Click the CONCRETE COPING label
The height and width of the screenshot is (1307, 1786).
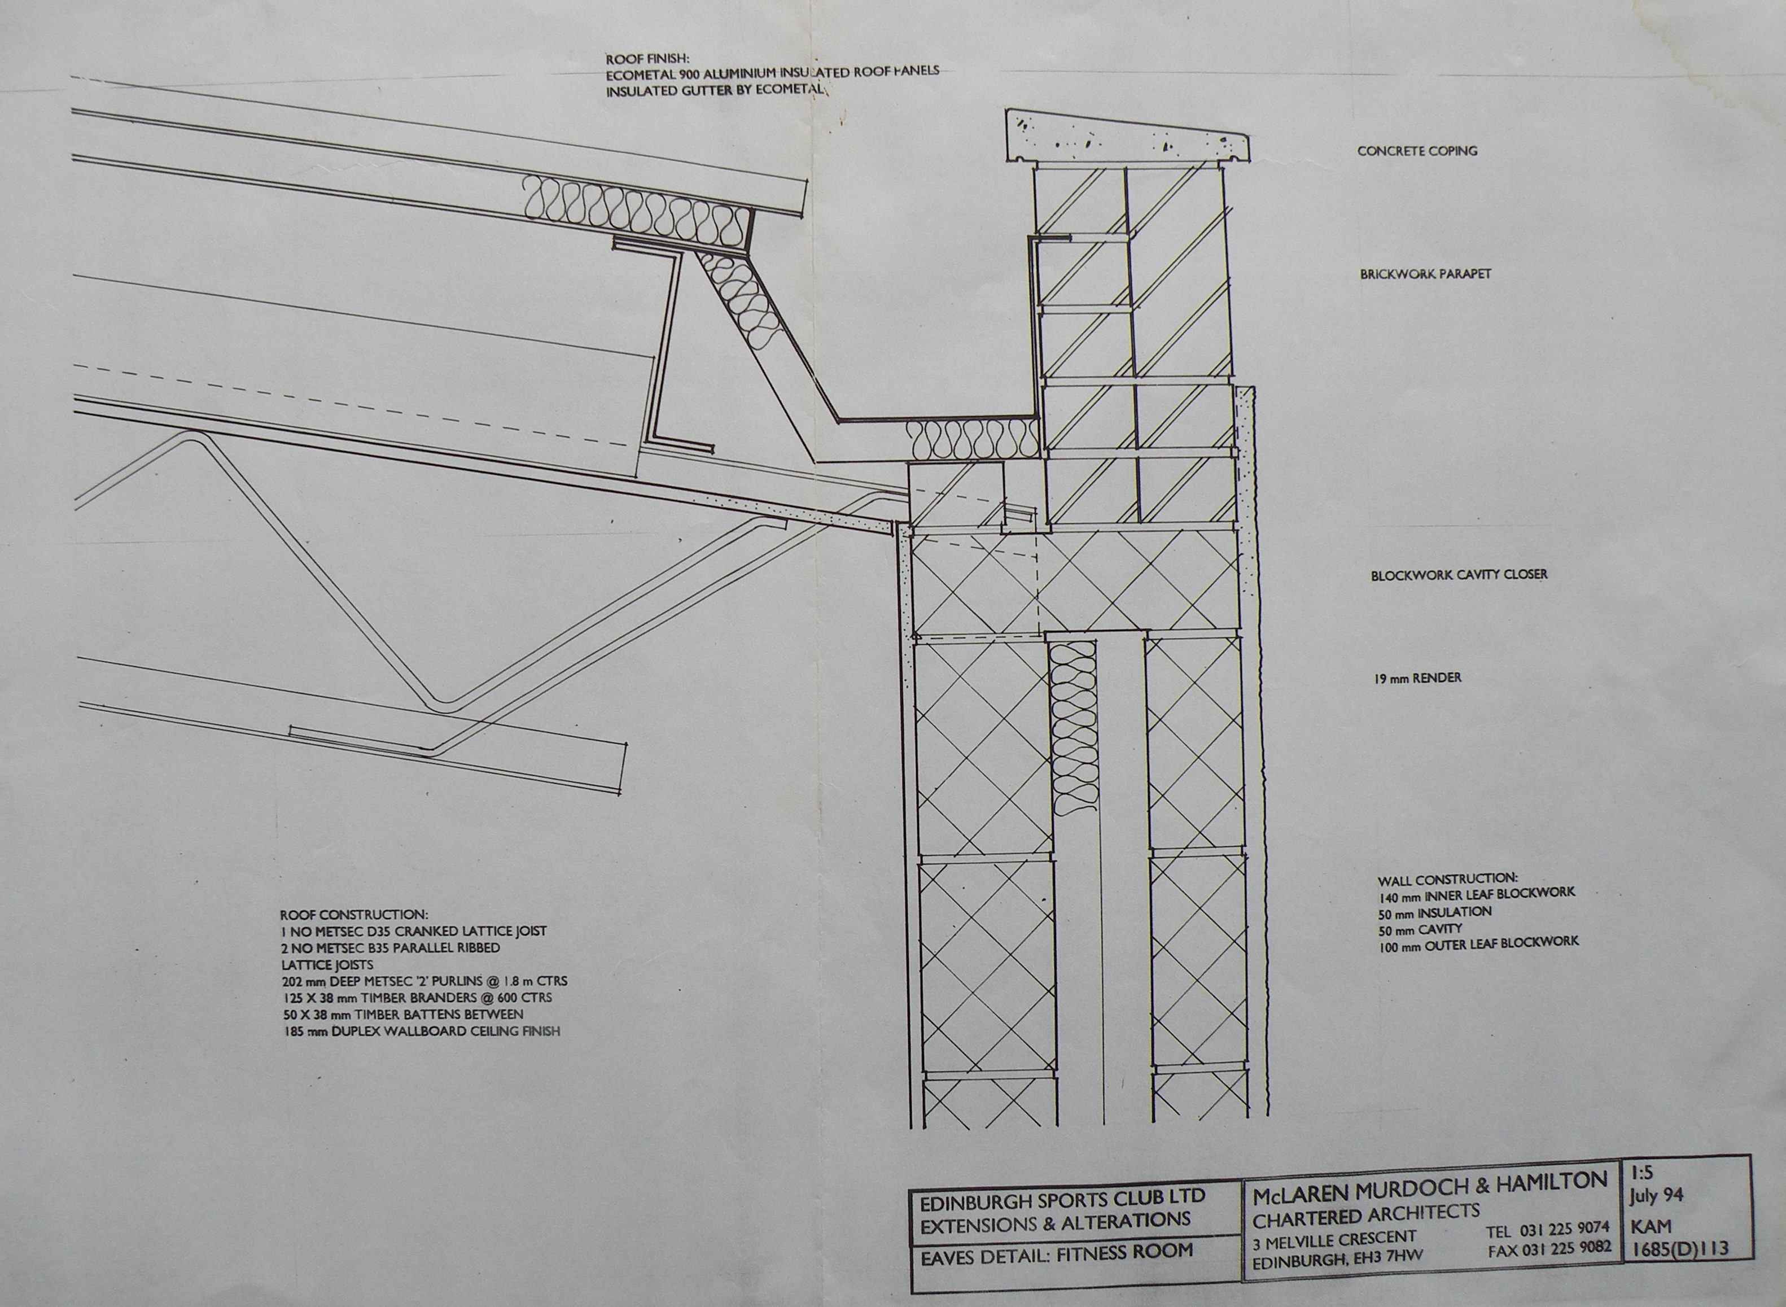point(1417,150)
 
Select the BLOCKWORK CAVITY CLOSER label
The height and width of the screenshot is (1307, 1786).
point(1459,574)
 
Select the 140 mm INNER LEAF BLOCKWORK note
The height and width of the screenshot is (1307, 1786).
point(1476,895)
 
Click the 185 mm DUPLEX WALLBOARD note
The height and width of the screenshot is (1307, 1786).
point(420,1031)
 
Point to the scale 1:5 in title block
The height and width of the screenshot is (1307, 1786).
point(1642,1173)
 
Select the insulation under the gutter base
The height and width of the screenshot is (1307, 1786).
point(971,439)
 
